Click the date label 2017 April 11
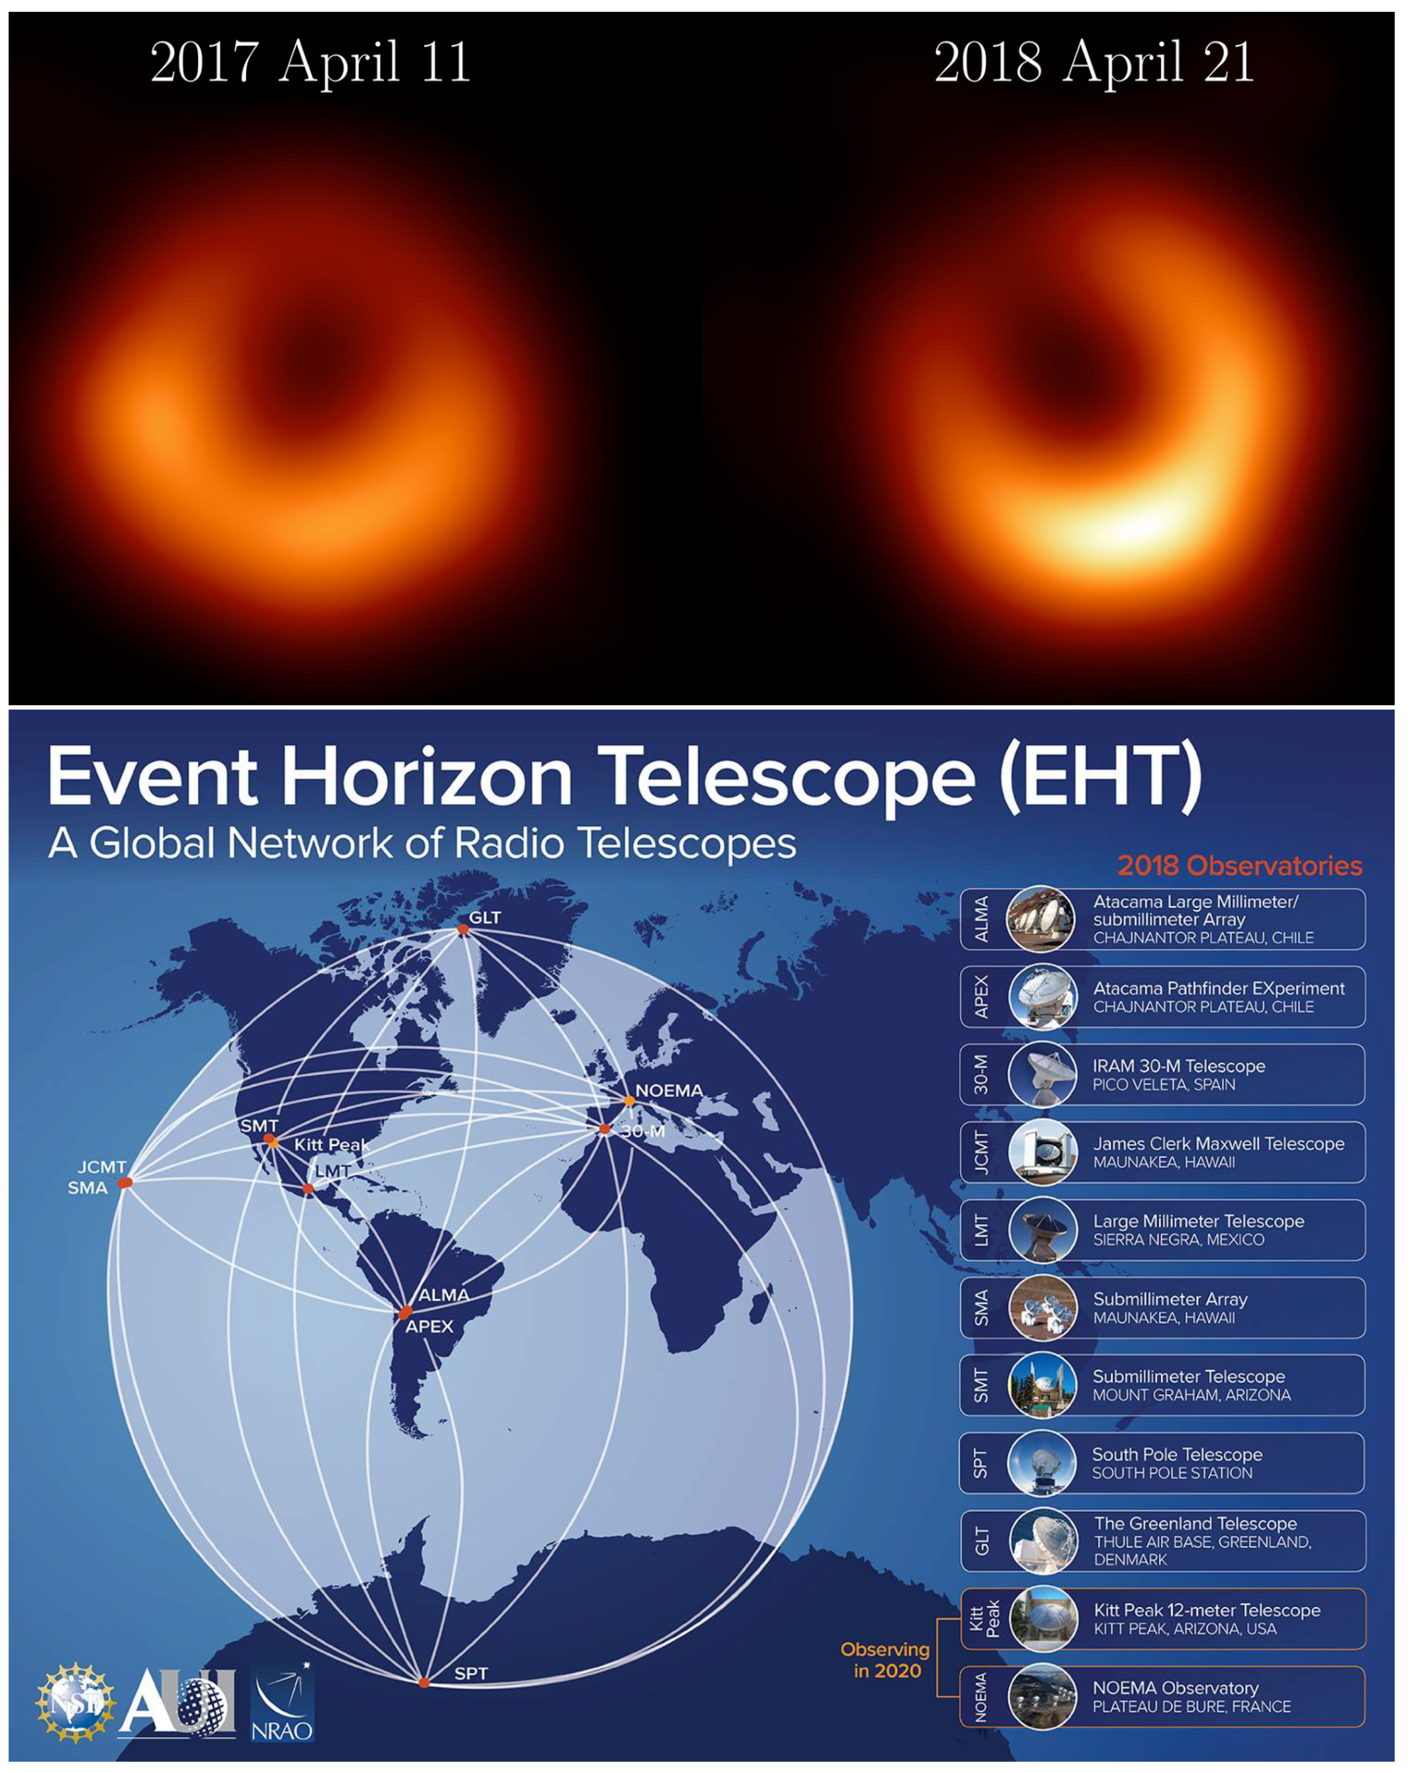310,62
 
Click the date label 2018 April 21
1095,62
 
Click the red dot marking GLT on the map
463,929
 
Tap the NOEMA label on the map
669,1090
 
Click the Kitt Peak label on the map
331,1145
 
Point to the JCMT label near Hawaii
102,1167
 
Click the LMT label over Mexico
333,1170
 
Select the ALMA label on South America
444,1294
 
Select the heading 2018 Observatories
1239,866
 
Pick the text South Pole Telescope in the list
1177,1455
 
